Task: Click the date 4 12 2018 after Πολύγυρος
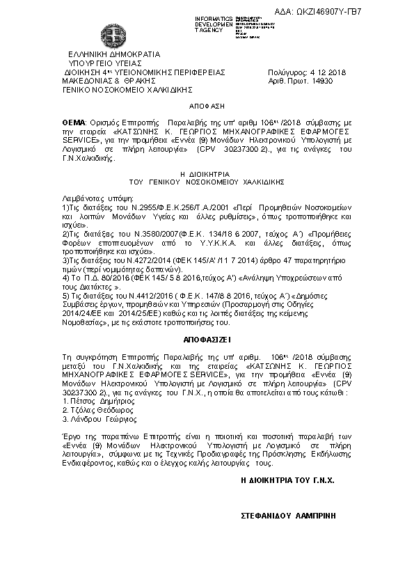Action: click(x=330, y=72)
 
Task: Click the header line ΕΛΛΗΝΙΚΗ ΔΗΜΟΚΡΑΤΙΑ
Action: click(x=113, y=54)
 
